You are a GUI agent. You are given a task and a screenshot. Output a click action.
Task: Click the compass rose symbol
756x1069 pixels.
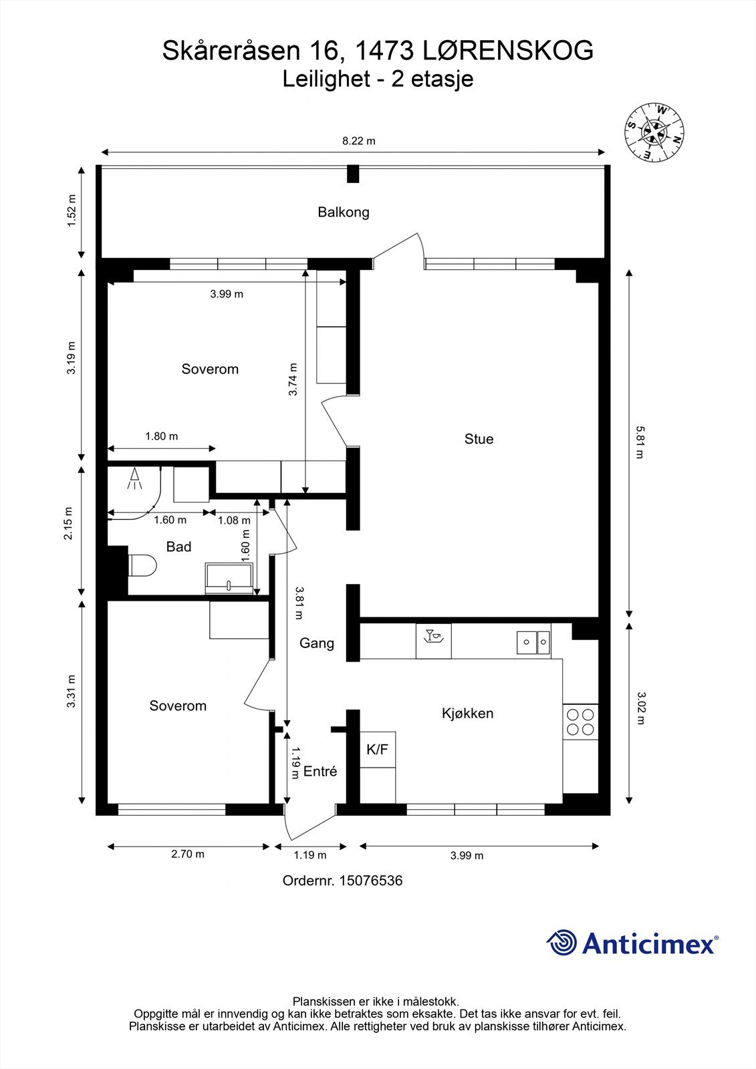[654, 131]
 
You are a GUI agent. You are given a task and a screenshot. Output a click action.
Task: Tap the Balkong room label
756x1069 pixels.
[344, 212]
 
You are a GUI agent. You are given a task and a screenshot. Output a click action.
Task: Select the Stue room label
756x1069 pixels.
[479, 438]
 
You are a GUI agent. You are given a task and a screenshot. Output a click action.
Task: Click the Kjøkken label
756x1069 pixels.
[467, 713]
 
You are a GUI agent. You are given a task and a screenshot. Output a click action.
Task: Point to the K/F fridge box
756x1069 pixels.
[377, 749]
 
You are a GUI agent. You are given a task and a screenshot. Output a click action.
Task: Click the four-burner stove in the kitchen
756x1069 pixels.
[580, 722]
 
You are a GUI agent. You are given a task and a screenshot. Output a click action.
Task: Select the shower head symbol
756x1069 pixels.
[134, 478]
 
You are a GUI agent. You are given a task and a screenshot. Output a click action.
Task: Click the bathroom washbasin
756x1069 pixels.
[229, 579]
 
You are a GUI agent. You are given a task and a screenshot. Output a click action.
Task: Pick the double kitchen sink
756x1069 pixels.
[533, 642]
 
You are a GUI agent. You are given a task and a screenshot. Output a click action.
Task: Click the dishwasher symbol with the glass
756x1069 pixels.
[434, 641]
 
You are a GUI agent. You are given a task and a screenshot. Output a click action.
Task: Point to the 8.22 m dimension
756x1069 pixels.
[354, 152]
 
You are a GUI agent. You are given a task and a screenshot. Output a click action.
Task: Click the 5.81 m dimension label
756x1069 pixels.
[639, 442]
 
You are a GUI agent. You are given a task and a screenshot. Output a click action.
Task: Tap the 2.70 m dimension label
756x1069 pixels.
[188, 854]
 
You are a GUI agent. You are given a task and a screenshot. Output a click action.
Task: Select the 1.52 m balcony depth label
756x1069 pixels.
[72, 211]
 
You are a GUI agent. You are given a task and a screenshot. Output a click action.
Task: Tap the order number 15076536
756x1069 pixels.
[370, 881]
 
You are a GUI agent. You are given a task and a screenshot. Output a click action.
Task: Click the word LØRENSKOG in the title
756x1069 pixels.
[508, 51]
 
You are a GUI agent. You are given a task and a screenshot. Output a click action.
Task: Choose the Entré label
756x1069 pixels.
[320, 771]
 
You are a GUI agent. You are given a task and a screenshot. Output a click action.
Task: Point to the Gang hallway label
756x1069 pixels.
[316, 643]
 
